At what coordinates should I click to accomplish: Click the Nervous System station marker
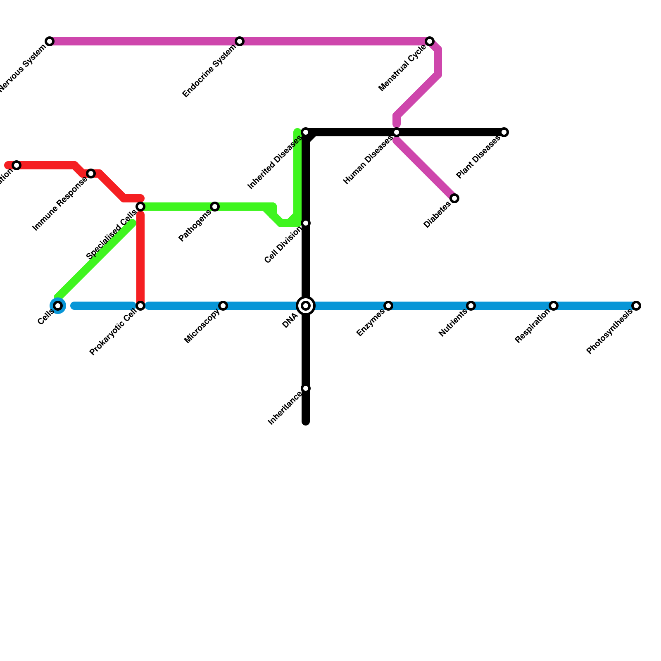pyautogui.click(x=50, y=41)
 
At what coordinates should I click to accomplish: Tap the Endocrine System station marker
pyautogui.click(x=240, y=41)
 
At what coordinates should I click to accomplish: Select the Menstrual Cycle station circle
pyautogui.click(x=430, y=41)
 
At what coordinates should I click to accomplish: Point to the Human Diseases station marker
pyautogui.click(x=397, y=132)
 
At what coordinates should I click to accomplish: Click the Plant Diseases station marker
pyautogui.click(x=504, y=132)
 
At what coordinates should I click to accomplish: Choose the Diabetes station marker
pyautogui.click(x=454, y=198)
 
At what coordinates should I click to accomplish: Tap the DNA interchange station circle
pyautogui.click(x=306, y=306)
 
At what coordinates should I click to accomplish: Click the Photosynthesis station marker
pyautogui.click(x=636, y=306)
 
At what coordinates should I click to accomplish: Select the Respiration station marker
pyautogui.click(x=554, y=306)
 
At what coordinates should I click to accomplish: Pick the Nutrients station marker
pyautogui.click(x=471, y=306)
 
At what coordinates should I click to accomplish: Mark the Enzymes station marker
pyautogui.click(x=388, y=306)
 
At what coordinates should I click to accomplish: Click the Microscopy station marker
pyautogui.click(x=223, y=306)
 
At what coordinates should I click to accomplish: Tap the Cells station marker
pyautogui.click(x=58, y=306)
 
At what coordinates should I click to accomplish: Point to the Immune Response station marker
pyautogui.click(x=91, y=174)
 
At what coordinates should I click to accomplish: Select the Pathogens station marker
pyautogui.click(x=215, y=207)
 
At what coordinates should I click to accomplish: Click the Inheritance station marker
pyautogui.click(x=306, y=388)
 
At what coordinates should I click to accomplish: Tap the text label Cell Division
pyautogui.click(x=283, y=246)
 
